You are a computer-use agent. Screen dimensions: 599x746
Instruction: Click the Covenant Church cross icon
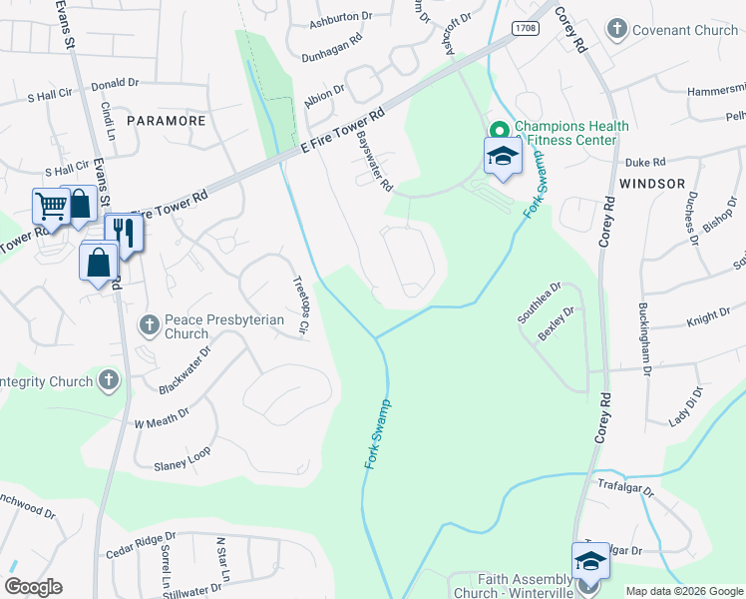(x=618, y=30)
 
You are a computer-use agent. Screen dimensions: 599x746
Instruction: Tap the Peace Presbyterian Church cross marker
(x=149, y=324)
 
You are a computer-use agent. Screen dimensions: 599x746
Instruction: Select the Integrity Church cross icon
(x=109, y=379)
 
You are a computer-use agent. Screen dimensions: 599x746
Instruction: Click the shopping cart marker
(x=50, y=207)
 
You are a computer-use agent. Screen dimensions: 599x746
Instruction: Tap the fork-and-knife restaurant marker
(x=124, y=233)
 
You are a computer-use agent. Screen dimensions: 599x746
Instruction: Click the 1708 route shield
(x=526, y=29)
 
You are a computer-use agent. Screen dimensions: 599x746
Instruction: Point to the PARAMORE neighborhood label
(x=166, y=120)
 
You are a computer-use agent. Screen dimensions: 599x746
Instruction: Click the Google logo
(x=33, y=587)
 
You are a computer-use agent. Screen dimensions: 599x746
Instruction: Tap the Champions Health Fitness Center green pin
(x=499, y=129)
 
